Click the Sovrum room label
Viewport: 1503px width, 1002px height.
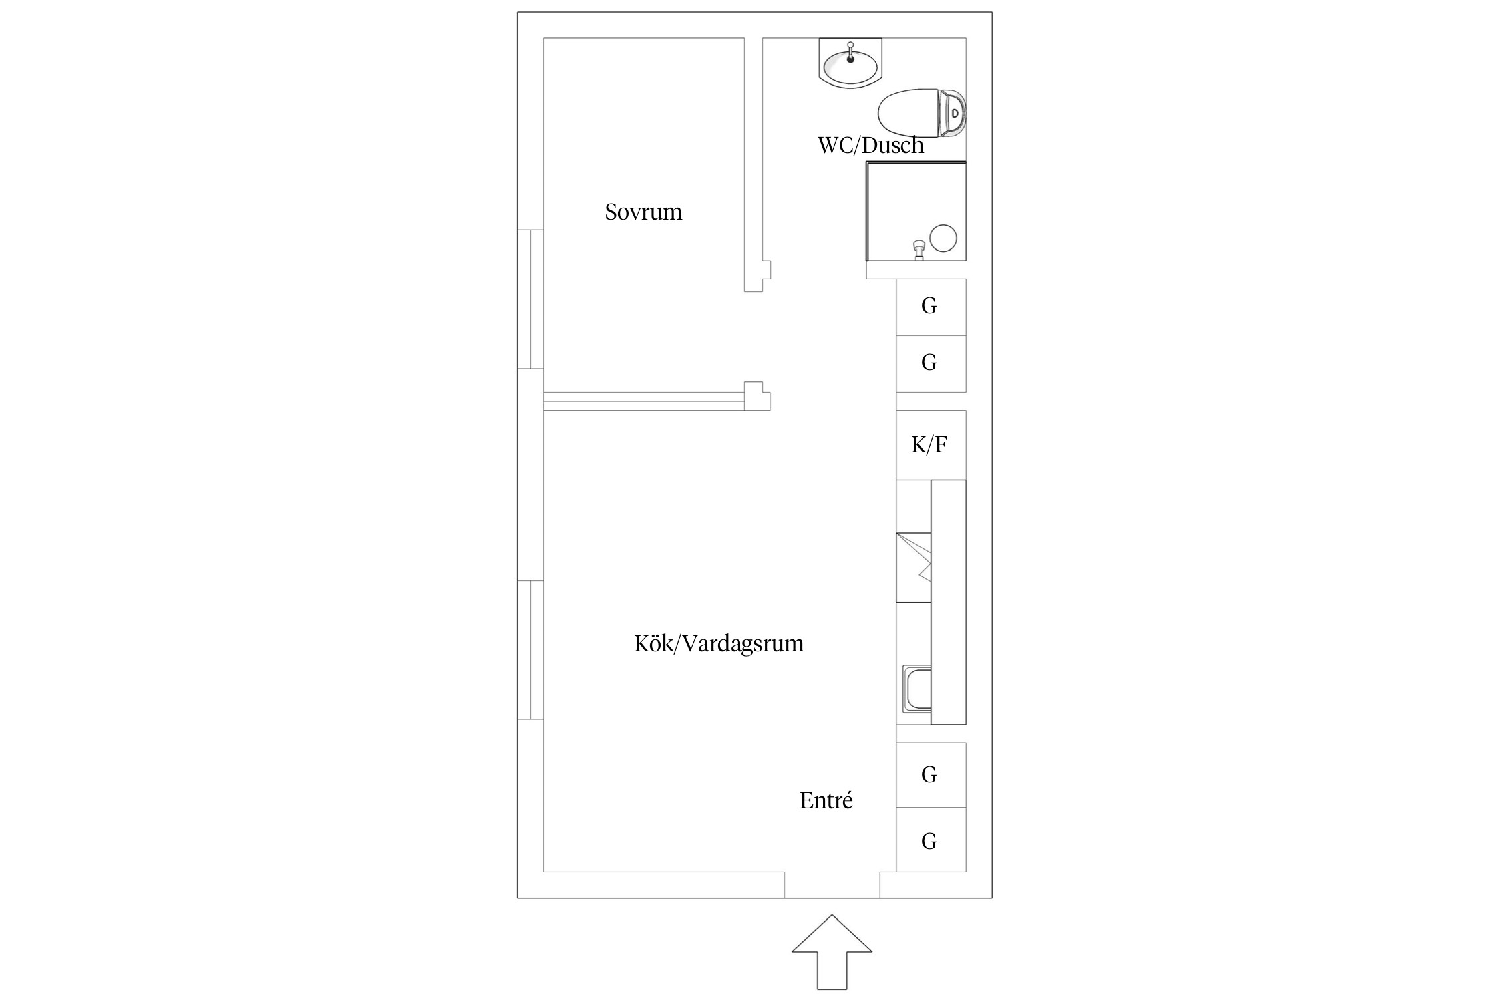point(643,212)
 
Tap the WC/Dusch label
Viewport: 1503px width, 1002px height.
point(870,145)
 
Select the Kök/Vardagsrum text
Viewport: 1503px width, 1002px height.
point(718,643)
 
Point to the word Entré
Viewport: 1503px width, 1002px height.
point(826,800)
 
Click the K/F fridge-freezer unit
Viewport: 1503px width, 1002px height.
point(930,445)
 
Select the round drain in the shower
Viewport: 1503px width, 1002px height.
point(943,238)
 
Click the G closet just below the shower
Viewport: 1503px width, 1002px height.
point(930,307)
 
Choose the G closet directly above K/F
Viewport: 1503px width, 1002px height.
point(930,363)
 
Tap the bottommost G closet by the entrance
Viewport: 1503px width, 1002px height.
point(930,840)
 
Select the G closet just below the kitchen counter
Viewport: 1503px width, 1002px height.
point(930,775)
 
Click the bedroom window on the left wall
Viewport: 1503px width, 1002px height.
point(530,299)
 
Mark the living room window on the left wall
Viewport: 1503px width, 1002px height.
point(530,650)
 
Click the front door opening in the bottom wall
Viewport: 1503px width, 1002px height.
point(832,884)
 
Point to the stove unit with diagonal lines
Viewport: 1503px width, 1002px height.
point(914,567)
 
